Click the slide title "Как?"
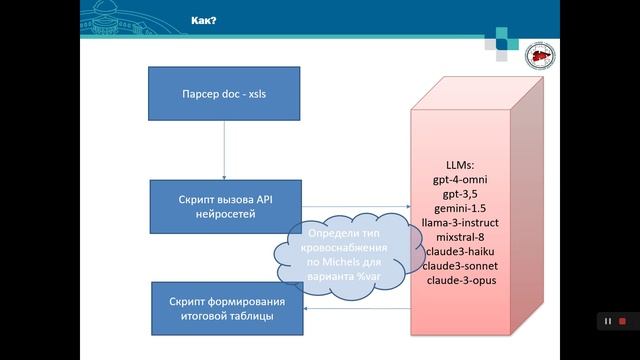[206, 19]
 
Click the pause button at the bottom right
[606, 321]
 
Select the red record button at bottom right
[622, 321]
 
